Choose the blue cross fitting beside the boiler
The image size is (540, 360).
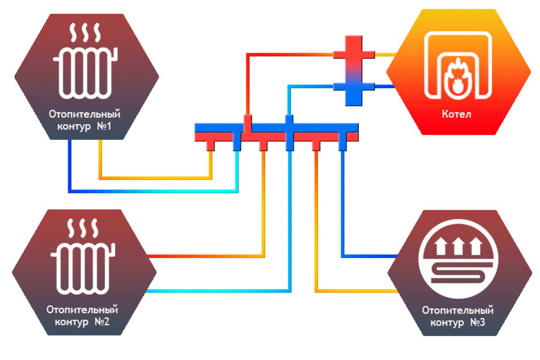click(x=354, y=87)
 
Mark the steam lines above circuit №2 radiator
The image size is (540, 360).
click(x=83, y=229)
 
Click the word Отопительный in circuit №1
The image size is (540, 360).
click(x=85, y=114)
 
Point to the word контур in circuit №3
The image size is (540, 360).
click(x=447, y=323)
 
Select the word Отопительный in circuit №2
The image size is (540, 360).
click(x=82, y=310)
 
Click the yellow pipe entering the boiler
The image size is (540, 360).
click(x=385, y=54)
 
